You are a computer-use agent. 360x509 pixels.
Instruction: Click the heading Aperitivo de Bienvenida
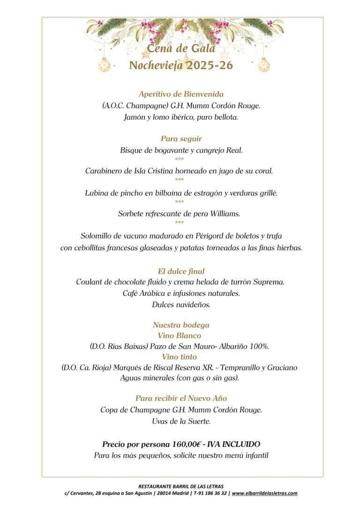(x=181, y=94)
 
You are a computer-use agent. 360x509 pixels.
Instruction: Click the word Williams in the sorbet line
(x=225, y=214)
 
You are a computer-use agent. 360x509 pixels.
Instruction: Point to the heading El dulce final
(x=181, y=271)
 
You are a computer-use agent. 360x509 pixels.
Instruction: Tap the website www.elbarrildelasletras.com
(x=264, y=493)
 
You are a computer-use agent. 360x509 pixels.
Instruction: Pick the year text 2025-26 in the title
(x=209, y=66)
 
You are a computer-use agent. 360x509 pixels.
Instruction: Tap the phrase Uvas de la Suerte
(x=181, y=421)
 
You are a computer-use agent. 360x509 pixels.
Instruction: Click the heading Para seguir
(x=181, y=139)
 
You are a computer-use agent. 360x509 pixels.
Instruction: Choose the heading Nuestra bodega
(x=181, y=325)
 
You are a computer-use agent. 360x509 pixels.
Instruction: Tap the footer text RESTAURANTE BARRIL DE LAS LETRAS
(x=180, y=487)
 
